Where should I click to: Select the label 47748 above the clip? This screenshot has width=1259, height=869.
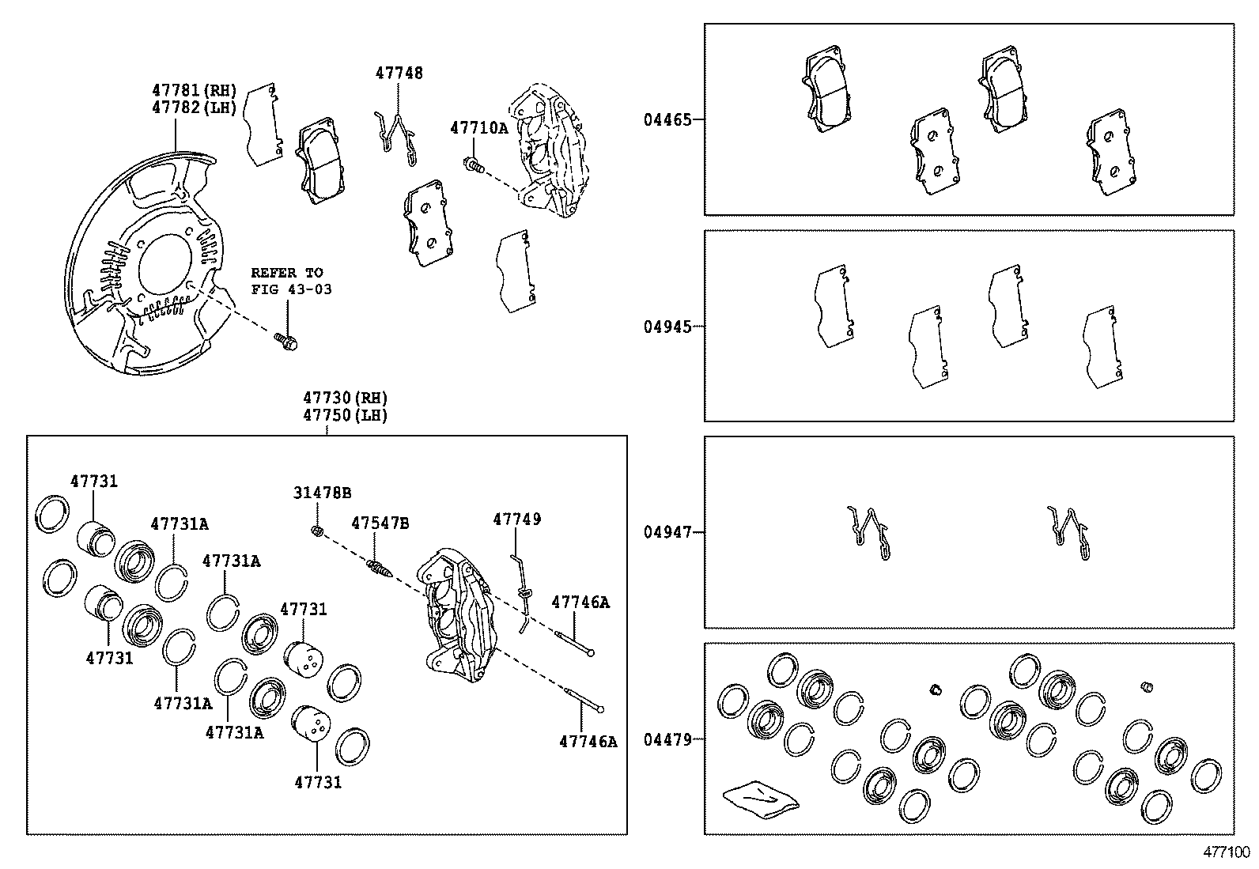399,73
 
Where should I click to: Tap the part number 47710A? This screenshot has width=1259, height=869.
478,127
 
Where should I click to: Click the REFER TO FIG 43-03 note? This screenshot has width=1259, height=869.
291,281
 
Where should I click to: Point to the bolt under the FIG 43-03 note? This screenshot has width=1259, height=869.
287,342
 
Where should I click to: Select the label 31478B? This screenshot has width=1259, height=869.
322,493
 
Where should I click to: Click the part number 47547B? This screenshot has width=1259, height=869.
380,523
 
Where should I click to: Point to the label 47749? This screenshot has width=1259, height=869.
516,519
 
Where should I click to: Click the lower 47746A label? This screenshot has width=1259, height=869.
588,741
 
